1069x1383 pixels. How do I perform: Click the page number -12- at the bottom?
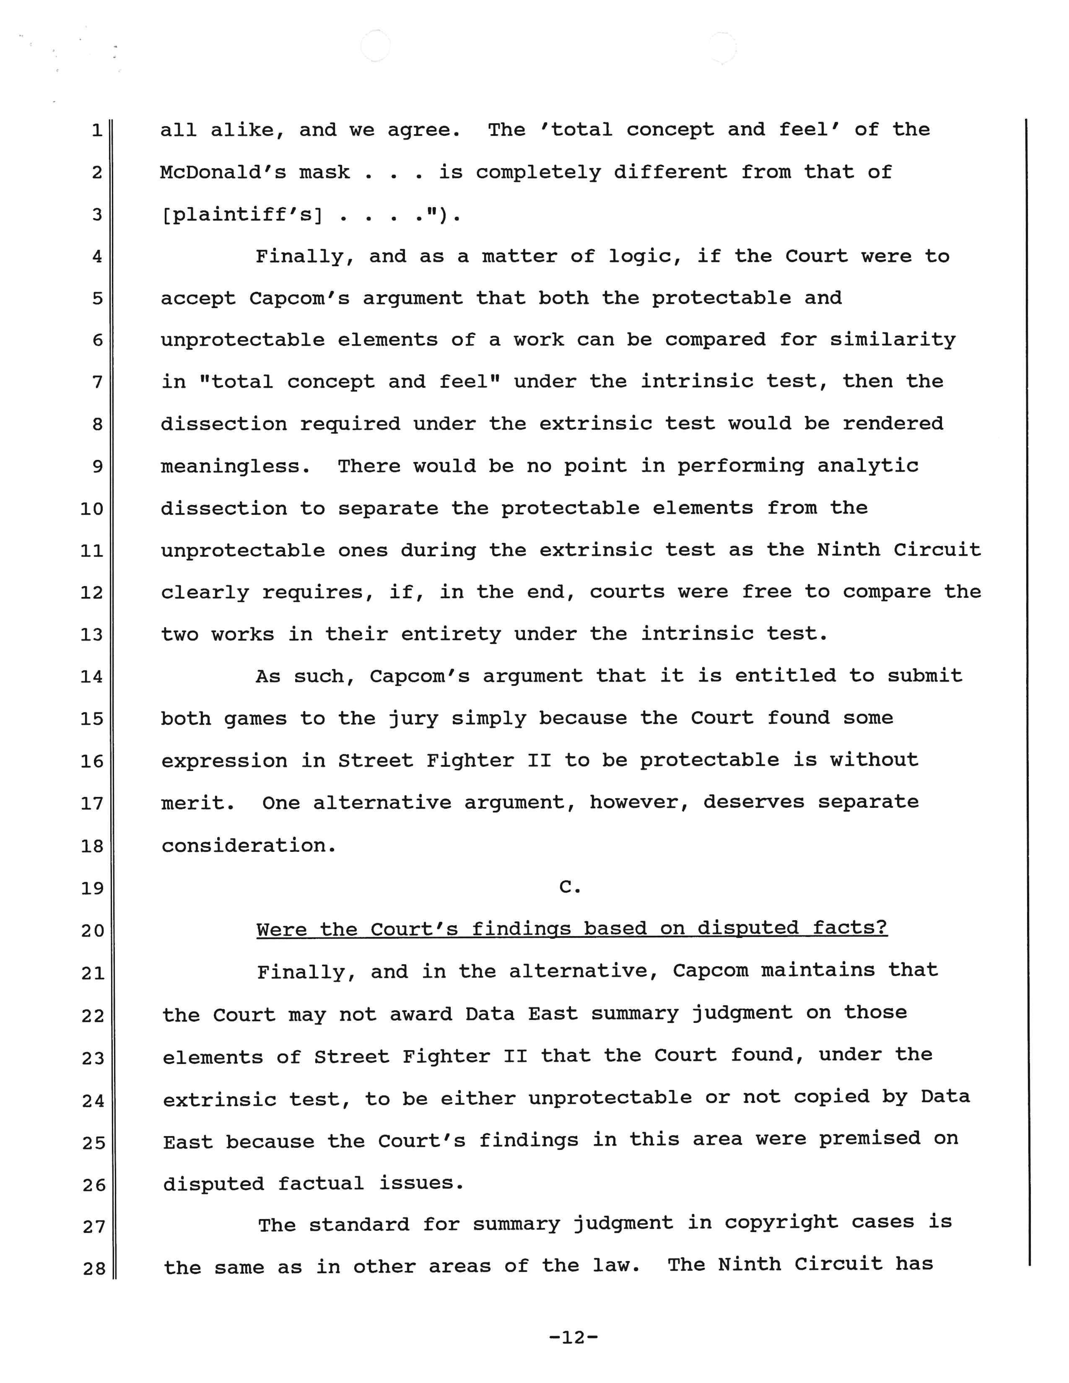coord(573,1337)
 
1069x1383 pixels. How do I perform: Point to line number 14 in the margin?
coord(92,677)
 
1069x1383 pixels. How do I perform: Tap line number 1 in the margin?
coord(97,130)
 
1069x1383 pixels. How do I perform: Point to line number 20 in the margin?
coord(92,930)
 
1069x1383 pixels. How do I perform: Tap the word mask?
coord(324,172)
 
